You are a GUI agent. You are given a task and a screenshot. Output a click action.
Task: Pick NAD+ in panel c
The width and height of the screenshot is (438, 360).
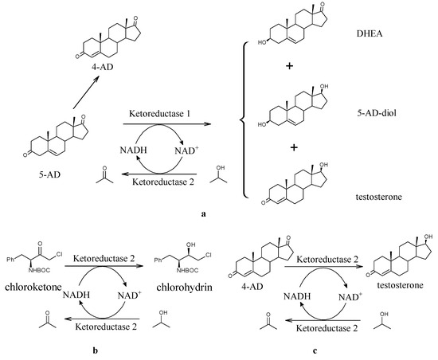[348, 295]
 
